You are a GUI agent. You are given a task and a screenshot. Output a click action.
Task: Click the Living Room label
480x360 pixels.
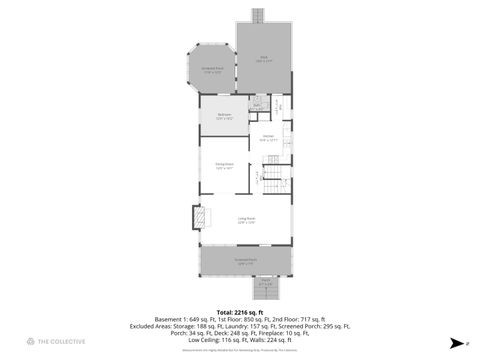(246, 220)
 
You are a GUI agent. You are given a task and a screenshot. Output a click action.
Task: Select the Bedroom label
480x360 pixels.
(225, 116)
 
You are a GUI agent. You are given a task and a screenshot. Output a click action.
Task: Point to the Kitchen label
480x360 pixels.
(268, 139)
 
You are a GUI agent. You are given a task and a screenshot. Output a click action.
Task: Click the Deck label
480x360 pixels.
(265, 58)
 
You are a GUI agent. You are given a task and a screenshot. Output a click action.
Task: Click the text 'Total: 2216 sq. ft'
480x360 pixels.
(239, 312)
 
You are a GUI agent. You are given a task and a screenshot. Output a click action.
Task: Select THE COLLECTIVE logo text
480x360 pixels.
(61, 342)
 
